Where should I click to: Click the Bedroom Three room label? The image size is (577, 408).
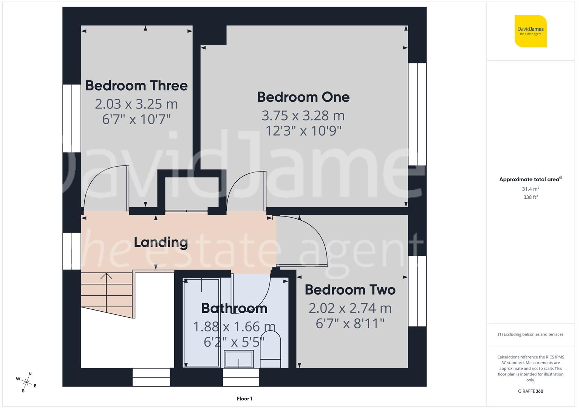(x=136, y=86)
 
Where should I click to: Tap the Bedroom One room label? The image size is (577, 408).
(x=303, y=97)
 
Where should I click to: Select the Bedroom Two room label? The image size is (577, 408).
(x=350, y=290)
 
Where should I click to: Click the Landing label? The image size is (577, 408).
(x=161, y=242)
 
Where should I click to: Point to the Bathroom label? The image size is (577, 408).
(x=234, y=308)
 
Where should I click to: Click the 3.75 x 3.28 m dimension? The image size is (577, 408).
(x=303, y=115)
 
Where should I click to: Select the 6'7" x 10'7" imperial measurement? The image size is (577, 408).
(x=136, y=119)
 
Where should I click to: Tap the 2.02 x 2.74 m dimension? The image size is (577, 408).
(x=350, y=308)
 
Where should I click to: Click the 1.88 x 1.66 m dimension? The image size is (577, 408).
(x=234, y=326)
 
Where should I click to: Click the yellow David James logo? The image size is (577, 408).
(x=531, y=31)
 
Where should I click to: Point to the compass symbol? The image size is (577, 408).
(x=26, y=382)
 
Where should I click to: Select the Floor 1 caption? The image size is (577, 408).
(x=244, y=399)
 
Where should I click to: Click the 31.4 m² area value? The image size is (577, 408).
(x=531, y=189)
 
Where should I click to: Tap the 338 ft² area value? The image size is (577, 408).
(x=531, y=197)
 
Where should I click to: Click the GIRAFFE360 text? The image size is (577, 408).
(x=531, y=391)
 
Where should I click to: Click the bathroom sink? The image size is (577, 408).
(x=238, y=359)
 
